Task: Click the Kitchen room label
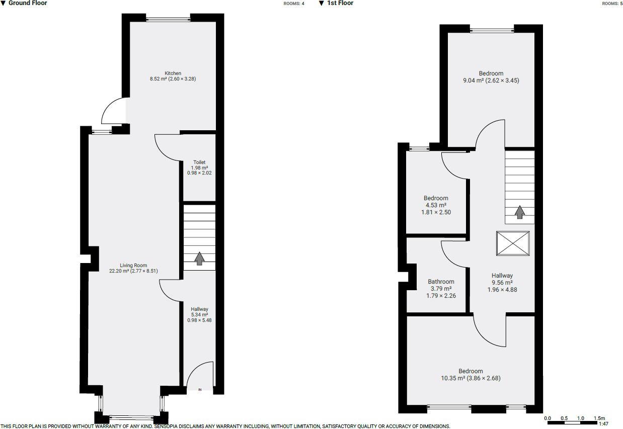173,73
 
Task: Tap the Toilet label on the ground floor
199,162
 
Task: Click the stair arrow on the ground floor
199,259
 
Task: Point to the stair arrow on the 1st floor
520,213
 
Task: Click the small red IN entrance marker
200,390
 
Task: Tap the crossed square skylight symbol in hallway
513,243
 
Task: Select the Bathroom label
441,282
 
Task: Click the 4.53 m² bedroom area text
436,205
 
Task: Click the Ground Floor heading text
28,3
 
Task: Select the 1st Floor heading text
340,3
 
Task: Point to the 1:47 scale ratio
603,424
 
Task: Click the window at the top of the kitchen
168,20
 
